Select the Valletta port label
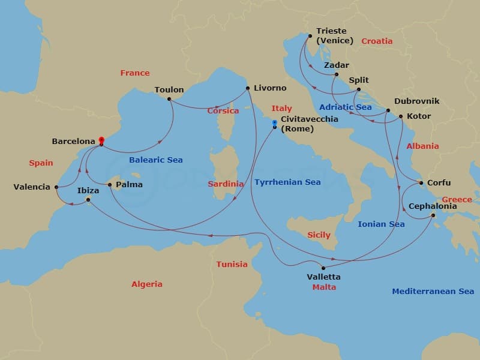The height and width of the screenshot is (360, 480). click(x=323, y=277)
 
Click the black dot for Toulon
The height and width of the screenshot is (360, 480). click(x=170, y=98)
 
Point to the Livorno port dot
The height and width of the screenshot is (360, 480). click(x=248, y=89)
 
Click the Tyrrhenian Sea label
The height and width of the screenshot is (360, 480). click(x=287, y=182)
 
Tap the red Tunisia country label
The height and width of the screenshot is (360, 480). click(x=232, y=264)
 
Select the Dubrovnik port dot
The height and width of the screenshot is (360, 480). click(x=388, y=110)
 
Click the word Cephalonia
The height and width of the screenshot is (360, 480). click(x=432, y=206)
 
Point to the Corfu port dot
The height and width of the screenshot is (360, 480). click(x=421, y=183)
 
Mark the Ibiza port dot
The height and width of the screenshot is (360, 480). click(x=88, y=199)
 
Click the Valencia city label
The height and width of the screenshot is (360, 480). click(x=32, y=187)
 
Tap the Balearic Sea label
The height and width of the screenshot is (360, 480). click(x=156, y=160)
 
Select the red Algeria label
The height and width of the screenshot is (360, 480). click(x=147, y=284)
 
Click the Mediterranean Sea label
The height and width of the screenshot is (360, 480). click(x=433, y=291)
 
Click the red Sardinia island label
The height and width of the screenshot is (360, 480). click(x=226, y=184)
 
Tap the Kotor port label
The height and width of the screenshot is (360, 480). click(x=419, y=116)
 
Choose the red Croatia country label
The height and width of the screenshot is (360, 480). click(x=377, y=41)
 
